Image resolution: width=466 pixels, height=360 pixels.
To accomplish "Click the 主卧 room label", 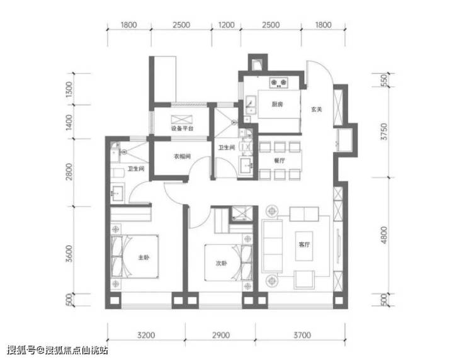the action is tap(144, 257).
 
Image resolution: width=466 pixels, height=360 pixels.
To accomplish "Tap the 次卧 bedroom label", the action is tap(221, 263).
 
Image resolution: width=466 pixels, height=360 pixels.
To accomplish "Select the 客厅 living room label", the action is tap(304, 244).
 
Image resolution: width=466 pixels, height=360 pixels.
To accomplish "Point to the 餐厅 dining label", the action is tap(280, 160).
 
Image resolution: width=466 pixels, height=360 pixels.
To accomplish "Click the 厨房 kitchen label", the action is tap(277, 104).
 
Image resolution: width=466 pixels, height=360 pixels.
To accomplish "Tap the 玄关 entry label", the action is tap(317, 110).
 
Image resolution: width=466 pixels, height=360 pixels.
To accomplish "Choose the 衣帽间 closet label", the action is tap(182, 156).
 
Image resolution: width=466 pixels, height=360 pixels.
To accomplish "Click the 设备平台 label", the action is tap(182, 128).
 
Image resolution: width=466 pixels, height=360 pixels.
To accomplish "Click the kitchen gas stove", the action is tap(279, 83).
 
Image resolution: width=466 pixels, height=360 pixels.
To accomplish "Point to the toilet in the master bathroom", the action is tap(117, 173).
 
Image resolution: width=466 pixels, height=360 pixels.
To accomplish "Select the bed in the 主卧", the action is tap(135, 256).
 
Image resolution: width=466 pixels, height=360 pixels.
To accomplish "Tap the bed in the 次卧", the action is tap(228, 262).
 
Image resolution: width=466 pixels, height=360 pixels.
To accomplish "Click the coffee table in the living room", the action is tap(304, 246).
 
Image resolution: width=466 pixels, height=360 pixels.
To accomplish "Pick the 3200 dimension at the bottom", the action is tap(146, 335).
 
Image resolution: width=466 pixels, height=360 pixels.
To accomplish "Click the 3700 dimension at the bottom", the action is tap(302, 335).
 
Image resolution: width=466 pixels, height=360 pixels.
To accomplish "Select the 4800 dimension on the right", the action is tap(384, 235).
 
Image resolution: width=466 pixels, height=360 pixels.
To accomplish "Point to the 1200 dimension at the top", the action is tap(227, 25).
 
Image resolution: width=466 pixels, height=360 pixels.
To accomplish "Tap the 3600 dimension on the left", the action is tap(69, 254).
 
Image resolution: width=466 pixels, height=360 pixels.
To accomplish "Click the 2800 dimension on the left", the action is tap(69, 172).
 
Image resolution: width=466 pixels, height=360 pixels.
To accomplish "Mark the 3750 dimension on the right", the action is tap(384, 132).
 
